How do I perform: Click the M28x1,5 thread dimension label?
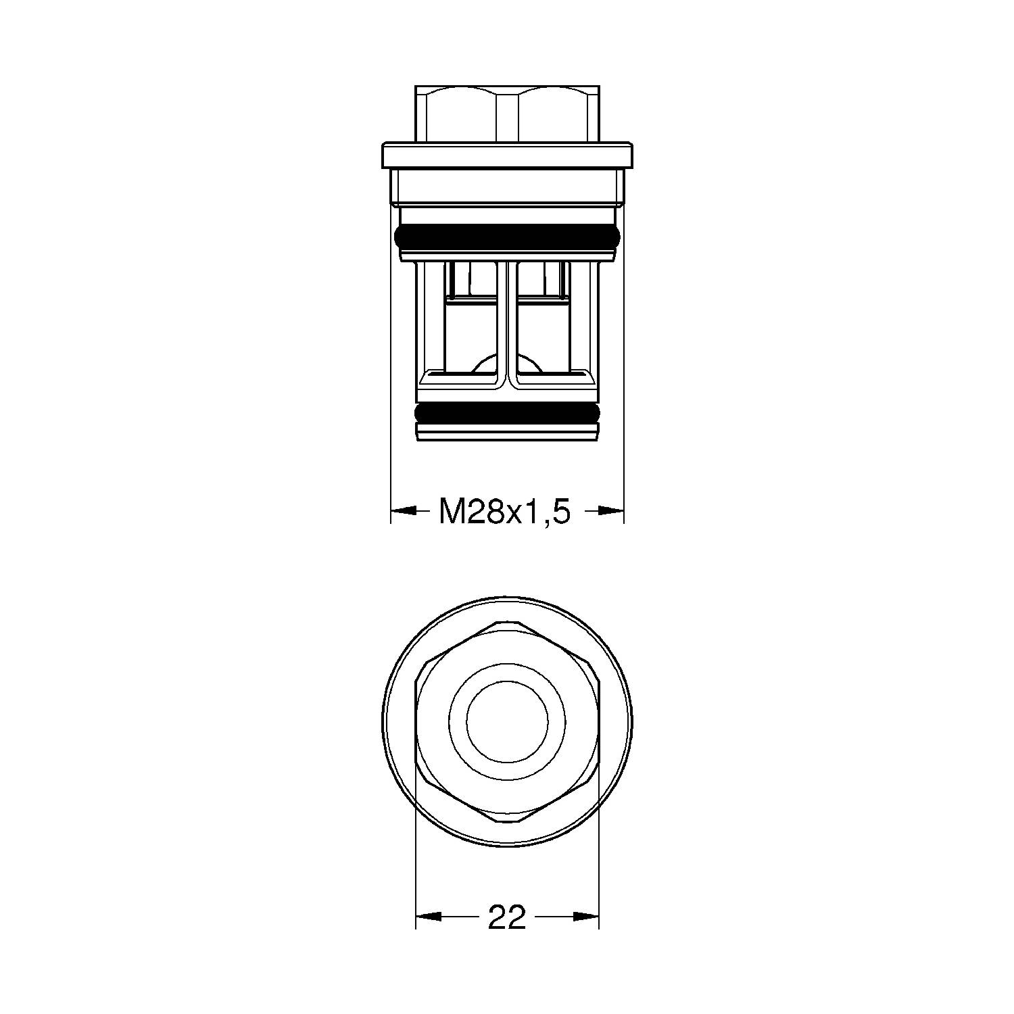pos(505,512)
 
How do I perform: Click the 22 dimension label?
pos(506,917)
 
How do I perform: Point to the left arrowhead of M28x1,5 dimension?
pos(404,512)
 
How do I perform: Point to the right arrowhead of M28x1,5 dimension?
pos(610,512)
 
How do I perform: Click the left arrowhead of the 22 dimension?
pos(428,917)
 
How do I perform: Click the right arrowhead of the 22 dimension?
pos(586,917)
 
